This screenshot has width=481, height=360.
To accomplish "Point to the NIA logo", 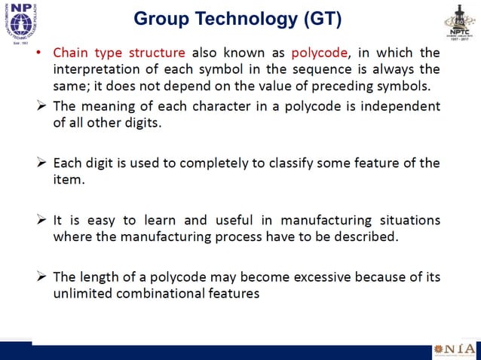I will pos(454,351).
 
